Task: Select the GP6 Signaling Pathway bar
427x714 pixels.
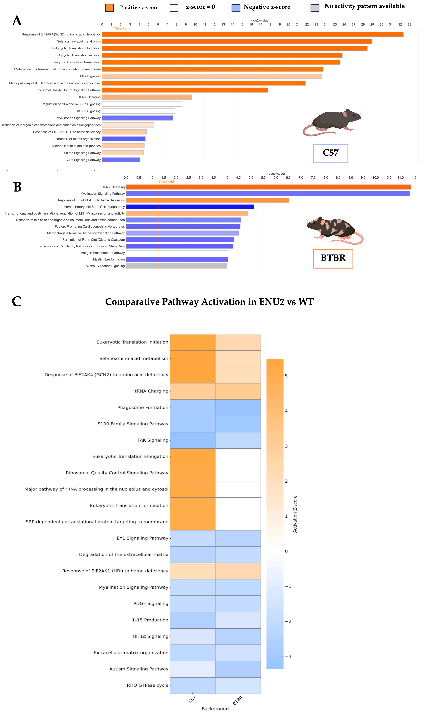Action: [x=121, y=160]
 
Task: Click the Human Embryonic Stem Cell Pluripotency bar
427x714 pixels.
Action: [x=190, y=207]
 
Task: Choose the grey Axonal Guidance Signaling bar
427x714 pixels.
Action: [x=176, y=266]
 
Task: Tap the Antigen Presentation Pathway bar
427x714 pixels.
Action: [x=178, y=253]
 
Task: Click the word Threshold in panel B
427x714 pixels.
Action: [x=166, y=182]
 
